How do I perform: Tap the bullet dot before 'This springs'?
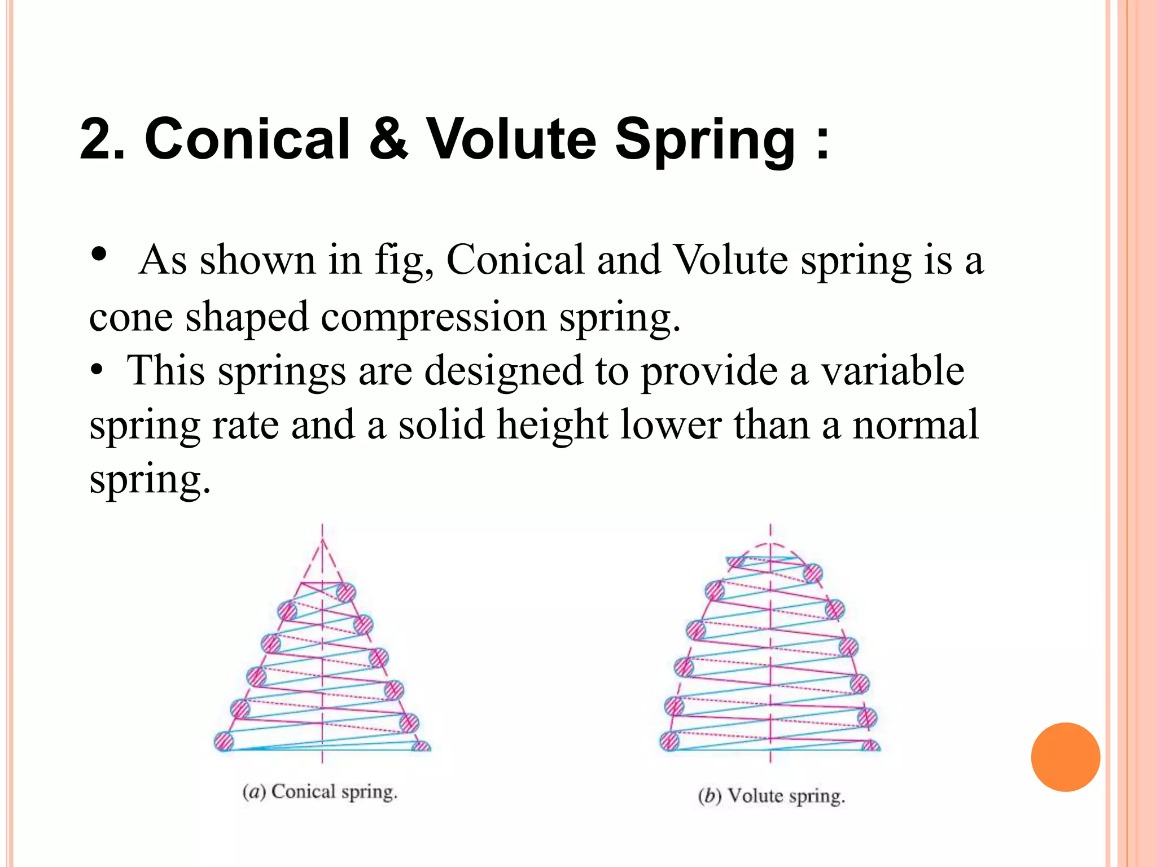click(97, 371)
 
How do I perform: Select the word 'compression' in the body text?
click(433, 318)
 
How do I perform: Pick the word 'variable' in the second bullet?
click(892, 371)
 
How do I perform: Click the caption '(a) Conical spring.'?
click(320, 791)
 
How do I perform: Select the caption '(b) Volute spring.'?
click(771, 796)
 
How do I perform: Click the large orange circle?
click(1065, 757)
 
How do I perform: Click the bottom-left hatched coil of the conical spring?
click(224, 741)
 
